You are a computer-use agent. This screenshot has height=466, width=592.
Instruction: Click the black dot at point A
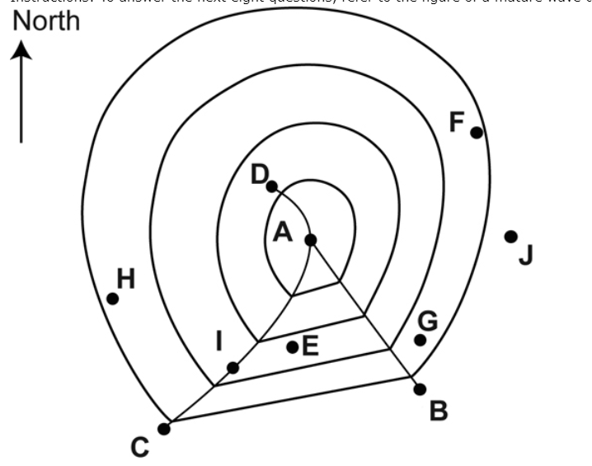click(x=311, y=240)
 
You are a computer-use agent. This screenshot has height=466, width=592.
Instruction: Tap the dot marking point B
click(x=420, y=389)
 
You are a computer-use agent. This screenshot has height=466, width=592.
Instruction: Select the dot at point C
click(x=164, y=428)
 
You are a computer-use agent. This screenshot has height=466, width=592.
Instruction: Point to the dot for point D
click(x=272, y=186)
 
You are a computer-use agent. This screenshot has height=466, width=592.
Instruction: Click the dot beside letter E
click(x=292, y=347)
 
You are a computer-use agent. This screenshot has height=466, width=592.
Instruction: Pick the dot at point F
click(x=477, y=132)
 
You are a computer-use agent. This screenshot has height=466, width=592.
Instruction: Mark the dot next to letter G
click(x=421, y=340)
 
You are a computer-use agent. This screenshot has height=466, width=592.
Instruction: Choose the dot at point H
click(x=113, y=298)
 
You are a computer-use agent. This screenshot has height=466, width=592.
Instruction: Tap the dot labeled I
click(x=233, y=368)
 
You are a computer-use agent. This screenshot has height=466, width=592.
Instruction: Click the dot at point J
click(x=511, y=237)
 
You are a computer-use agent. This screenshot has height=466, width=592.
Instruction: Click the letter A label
click(x=283, y=233)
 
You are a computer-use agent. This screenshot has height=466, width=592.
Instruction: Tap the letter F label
click(x=457, y=122)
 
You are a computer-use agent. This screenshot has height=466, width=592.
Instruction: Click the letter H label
click(x=125, y=280)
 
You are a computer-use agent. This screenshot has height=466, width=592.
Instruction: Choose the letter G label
click(x=427, y=320)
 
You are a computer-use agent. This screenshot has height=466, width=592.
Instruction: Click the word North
click(x=45, y=21)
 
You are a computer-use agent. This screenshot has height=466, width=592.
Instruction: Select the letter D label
click(x=260, y=174)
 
